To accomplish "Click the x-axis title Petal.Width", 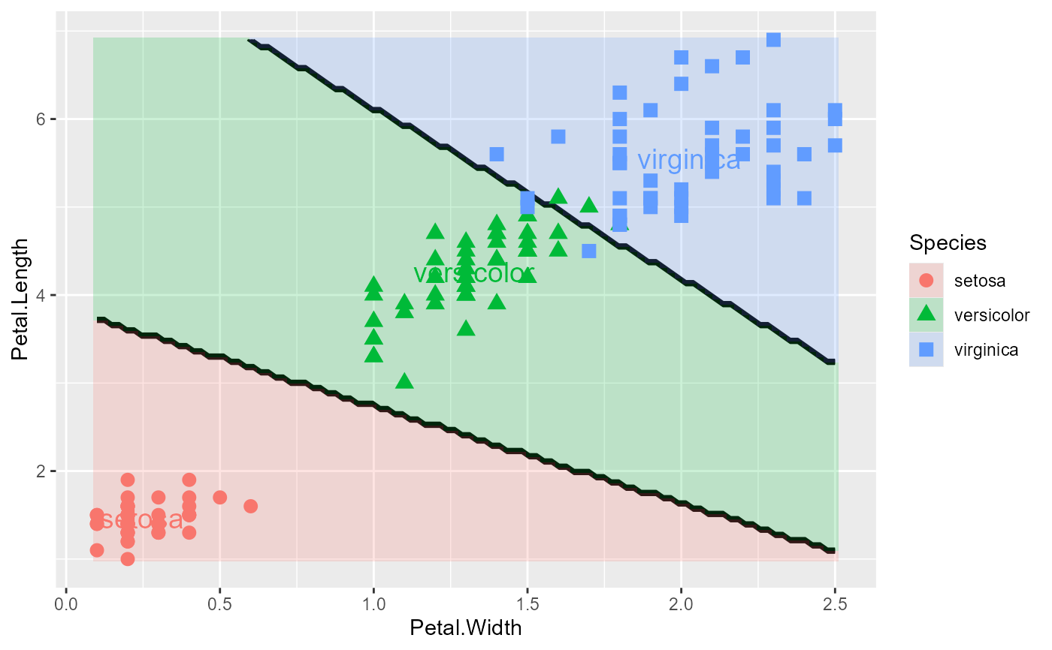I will pyautogui.click(x=465, y=627).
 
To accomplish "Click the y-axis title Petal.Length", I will pyautogui.click(x=22, y=299).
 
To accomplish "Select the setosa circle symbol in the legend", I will pyautogui.click(x=926, y=281).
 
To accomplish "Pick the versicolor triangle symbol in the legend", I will pyautogui.click(x=926, y=314).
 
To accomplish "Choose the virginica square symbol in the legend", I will pyautogui.click(x=926, y=349).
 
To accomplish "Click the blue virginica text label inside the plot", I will pyautogui.click(x=688, y=161).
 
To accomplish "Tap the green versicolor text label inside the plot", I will pyautogui.click(x=473, y=273).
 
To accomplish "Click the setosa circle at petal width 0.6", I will pyautogui.click(x=251, y=506).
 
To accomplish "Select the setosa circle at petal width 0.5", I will pyautogui.click(x=220, y=497).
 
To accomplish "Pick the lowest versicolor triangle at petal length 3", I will pyautogui.click(x=404, y=381).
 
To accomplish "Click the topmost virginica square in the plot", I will pyautogui.click(x=773, y=39).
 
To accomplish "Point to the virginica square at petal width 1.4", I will pyautogui.click(x=497, y=154).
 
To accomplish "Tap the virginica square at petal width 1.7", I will pyautogui.click(x=589, y=251).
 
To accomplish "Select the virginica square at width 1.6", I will pyautogui.click(x=558, y=137).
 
